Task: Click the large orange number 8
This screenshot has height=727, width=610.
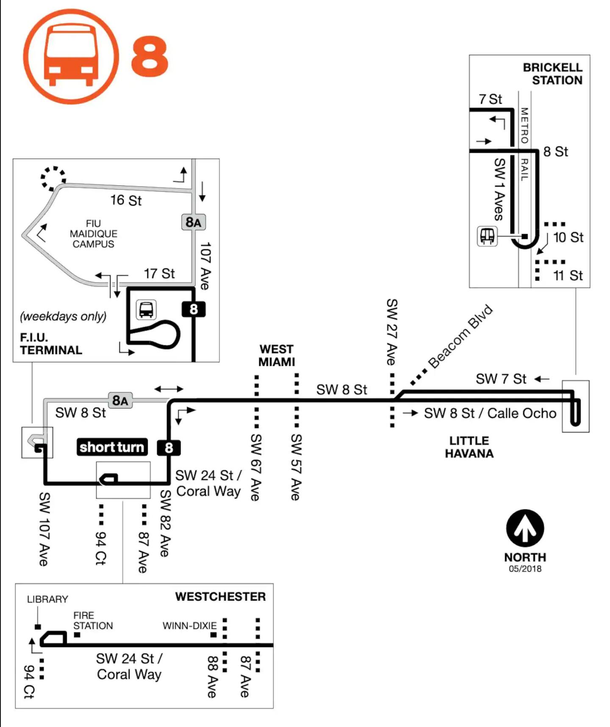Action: point(150,56)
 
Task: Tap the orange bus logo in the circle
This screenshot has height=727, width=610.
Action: point(71,56)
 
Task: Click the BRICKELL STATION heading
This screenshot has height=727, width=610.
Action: point(552,74)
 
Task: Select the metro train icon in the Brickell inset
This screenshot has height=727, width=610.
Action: point(487,236)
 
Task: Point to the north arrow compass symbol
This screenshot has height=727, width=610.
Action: point(525,528)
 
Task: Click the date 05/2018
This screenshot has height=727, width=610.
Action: point(525,569)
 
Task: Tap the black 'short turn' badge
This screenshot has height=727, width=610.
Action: point(112,447)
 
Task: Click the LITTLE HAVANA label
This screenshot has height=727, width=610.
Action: point(469,447)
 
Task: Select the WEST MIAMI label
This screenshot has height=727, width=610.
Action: point(277,356)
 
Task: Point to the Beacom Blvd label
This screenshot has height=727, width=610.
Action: point(460,337)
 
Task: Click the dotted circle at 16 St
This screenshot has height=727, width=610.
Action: point(53,179)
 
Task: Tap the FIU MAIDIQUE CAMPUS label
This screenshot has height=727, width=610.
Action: point(93,234)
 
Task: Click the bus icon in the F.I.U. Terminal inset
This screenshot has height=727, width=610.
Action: point(146,310)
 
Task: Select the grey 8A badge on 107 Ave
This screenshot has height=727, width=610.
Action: point(194,222)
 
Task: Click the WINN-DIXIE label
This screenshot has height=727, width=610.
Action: point(189,626)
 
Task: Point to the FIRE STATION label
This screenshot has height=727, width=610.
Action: point(93,621)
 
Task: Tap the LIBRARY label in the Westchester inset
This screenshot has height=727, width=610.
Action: point(47,600)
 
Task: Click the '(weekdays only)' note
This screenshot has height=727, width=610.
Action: point(63,316)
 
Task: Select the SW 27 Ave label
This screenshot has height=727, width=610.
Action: point(392,332)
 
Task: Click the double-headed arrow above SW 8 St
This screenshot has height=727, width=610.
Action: point(169,389)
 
